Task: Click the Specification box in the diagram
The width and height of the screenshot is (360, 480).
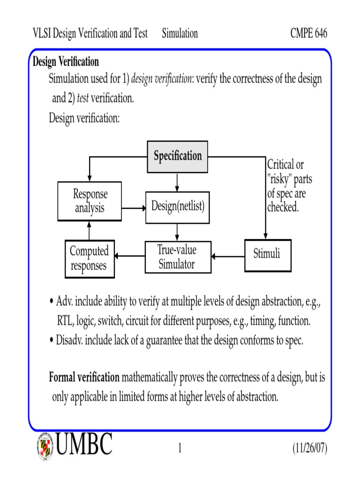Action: (178, 156)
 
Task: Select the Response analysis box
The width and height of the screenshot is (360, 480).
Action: (90, 201)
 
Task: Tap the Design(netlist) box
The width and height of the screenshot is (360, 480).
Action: (178, 206)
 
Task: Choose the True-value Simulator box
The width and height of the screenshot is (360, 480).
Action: (177, 257)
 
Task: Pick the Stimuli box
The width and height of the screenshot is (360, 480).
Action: (267, 255)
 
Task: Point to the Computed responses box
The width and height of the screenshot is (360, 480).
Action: (89, 258)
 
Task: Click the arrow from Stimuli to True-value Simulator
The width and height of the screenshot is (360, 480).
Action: (228, 256)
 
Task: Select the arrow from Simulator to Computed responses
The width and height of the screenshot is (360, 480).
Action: (130, 256)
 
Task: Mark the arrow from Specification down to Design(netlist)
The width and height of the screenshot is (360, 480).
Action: (177, 181)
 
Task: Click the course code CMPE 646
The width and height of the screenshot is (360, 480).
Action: (308, 34)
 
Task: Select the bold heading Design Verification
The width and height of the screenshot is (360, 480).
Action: (66, 62)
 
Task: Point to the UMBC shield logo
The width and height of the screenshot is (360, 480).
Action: (45, 445)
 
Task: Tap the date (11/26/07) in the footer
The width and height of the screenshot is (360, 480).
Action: (310, 449)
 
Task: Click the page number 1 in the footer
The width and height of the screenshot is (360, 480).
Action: (180, 449)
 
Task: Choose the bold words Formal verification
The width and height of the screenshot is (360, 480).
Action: (84, 378)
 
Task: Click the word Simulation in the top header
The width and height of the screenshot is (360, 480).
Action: (180, 34)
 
